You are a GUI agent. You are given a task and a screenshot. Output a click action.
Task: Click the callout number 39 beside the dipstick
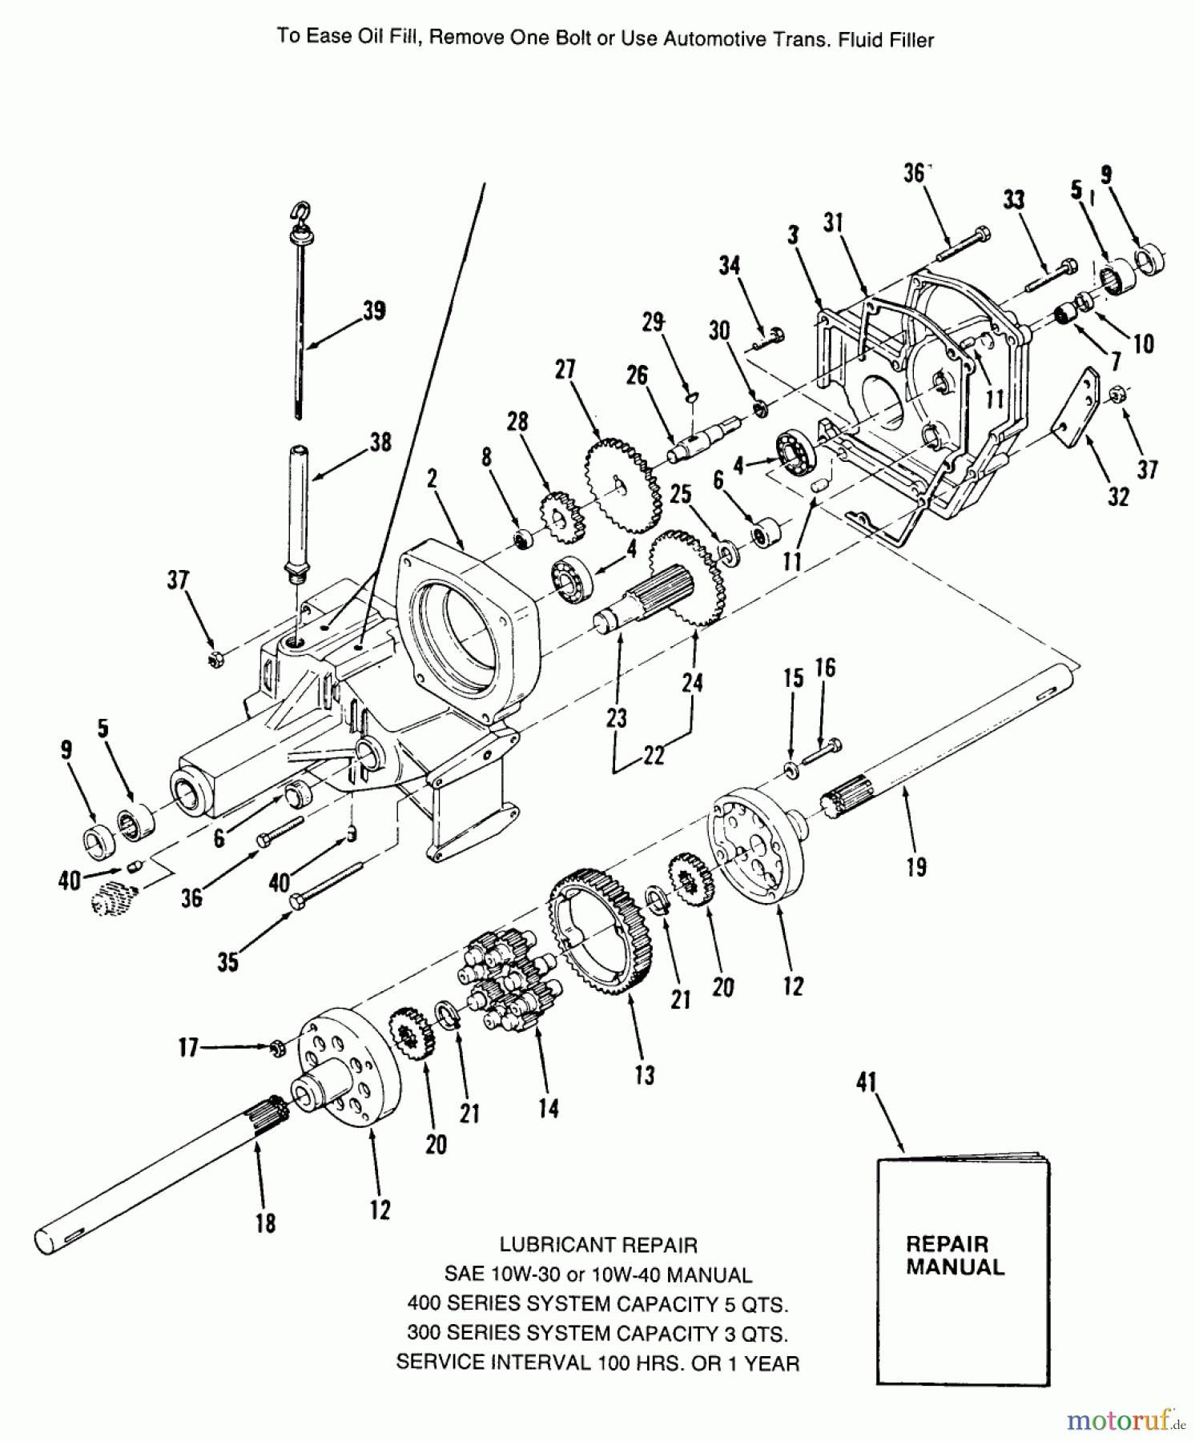(374, 311)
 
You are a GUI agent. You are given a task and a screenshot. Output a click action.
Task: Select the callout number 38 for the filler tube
(380, 442)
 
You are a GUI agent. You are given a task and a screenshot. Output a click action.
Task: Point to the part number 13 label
(644, 1074)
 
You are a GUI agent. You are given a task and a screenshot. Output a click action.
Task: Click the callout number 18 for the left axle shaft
(266, 1222)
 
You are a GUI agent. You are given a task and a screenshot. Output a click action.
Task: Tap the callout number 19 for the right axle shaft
(916, 866)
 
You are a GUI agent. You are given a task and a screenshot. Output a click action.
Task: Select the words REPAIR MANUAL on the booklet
(955, 1255)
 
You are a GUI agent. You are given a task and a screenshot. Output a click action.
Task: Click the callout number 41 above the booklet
(867, 1082)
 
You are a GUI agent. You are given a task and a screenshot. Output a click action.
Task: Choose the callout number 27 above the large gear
(565, 369)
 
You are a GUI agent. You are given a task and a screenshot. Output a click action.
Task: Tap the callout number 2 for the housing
(433, 479)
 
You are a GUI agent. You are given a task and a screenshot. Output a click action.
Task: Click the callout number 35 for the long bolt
(228, 961)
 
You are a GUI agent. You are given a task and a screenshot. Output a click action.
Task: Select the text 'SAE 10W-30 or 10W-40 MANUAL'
(598, 1274)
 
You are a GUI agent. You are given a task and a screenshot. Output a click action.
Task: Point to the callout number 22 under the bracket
(654, 755)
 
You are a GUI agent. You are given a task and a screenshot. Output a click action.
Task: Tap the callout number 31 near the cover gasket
(833, 222)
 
